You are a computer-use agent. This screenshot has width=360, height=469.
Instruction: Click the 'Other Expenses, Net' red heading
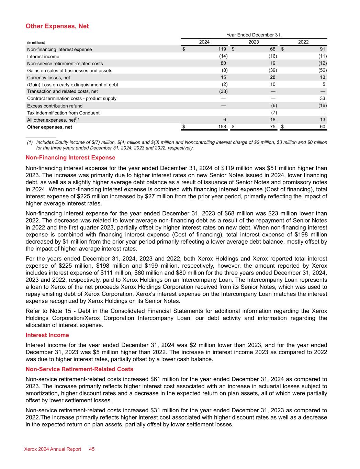pos(57,26)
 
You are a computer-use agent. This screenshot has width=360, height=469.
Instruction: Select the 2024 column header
pos(204,42)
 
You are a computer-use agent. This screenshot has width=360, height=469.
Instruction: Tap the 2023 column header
pos(254,42)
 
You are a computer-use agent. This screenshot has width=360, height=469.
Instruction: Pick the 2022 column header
pos(303,42)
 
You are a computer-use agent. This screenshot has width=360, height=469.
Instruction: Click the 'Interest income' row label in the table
pos(43,56)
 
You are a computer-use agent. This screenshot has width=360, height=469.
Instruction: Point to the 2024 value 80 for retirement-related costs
pos(223,63)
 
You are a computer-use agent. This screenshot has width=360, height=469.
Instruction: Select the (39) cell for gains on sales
pos(273,70)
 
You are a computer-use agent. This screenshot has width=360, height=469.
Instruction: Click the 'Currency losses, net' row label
pos(48,78)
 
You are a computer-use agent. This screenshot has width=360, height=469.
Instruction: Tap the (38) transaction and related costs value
pos(223,91)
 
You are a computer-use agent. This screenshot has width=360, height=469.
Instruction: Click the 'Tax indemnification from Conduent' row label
pos(63,113)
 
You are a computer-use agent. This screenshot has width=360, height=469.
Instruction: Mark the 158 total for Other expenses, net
pos(222,126)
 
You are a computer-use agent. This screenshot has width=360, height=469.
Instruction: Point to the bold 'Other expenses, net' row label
pos(49,127)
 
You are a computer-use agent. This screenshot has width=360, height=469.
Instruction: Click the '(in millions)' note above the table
pos(36,43)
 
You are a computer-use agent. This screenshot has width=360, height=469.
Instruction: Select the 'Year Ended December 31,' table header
pos(254,35)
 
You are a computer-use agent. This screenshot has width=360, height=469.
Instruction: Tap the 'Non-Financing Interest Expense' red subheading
pos(70,158)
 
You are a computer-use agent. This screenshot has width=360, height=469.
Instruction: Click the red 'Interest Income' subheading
pos(47,335)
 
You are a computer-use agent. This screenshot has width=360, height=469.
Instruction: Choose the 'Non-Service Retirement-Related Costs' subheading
pos(79,369)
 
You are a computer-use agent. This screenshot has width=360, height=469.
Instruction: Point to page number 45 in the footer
pos(92,449)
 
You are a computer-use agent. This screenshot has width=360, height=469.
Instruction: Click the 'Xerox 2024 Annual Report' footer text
pos(53,449)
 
